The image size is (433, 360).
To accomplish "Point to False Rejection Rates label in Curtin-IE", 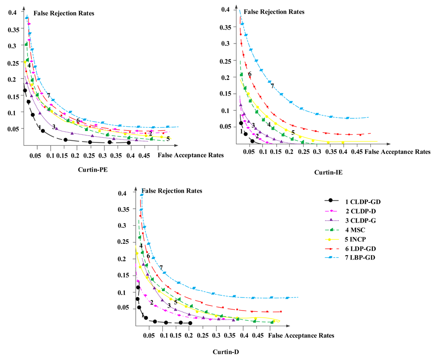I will [x=274, y=12].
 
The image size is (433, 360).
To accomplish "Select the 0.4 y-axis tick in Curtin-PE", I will [x=14, y=13].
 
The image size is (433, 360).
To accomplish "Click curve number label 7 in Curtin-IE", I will [x=272, y=86].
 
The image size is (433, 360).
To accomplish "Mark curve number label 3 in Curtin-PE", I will [x=54, y=127].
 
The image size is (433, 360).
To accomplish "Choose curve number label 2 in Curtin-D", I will [x=151, y=303].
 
